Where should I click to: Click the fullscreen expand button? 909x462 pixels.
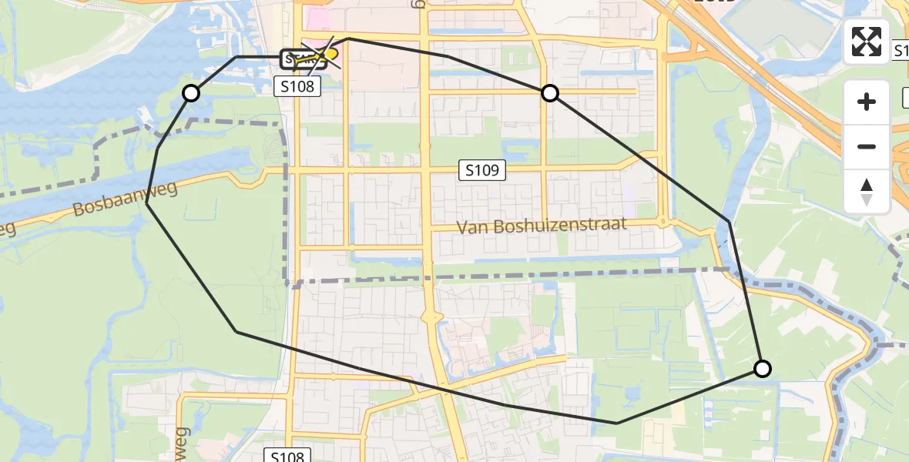(867, 41)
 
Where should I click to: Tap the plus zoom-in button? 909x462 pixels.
(867, 102)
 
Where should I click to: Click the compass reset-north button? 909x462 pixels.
(867, 192)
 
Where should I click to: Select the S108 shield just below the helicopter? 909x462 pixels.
(297, 86)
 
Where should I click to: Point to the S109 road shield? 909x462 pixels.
(482, 171)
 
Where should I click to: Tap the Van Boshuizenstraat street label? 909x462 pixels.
(541, 226)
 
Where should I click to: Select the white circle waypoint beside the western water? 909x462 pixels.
(191, 93)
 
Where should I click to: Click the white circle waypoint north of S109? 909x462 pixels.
(550, 93)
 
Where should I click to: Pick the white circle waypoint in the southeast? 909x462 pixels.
(762, 369)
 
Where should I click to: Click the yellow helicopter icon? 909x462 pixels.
(330, 54)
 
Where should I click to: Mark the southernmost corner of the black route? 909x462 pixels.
(617, 423)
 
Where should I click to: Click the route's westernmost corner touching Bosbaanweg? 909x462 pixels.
(146, 203)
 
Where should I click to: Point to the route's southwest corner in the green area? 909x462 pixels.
(236, 331)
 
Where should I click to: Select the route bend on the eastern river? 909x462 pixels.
(729, 222)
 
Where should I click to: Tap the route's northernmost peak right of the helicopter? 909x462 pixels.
(348, 38)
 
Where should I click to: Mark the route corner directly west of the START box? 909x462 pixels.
(236, 57)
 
